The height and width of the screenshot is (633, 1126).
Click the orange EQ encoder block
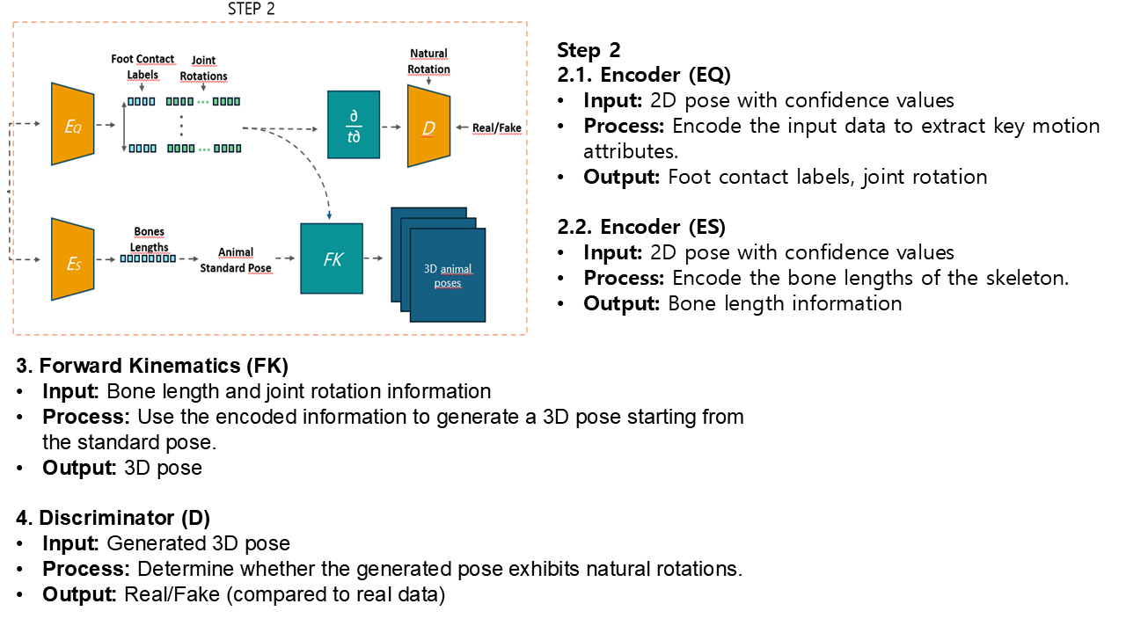(x=72, y=124)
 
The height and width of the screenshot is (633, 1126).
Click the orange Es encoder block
(x=72, y=259)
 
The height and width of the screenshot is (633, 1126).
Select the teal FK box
(x=332, y=258)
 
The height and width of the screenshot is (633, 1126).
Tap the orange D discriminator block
(x=428, y=126)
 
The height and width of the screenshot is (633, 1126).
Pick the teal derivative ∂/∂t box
(x=354, y=125)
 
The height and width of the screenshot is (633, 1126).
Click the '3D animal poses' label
(x=448, y=276)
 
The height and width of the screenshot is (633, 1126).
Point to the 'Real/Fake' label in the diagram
(x=497, y=128)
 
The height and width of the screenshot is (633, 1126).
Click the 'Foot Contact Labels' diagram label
(x=143, y=67)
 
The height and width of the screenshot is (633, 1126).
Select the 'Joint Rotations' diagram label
(x=203, y=68)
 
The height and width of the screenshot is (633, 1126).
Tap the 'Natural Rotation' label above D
(x=428, y=61)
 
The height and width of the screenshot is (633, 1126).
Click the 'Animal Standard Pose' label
(x=236, y=259)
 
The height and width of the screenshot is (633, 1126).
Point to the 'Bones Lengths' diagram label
(x=149, y=239)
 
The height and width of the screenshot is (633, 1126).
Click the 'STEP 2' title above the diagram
(x=252, y=9)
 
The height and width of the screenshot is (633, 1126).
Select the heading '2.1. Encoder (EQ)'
(x=644, y=75)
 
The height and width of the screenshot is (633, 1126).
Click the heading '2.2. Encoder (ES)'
(x=641, y=227)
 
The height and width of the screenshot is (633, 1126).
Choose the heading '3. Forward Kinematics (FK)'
(x=152, y=366)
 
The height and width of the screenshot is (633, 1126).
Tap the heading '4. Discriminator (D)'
(x=113, y=518)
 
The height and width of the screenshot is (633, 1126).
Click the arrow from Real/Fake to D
(x=462, y=127)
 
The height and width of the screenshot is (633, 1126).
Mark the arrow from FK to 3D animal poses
(x=374, y=258)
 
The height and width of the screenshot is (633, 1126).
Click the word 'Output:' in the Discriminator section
(x=79, y=595)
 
